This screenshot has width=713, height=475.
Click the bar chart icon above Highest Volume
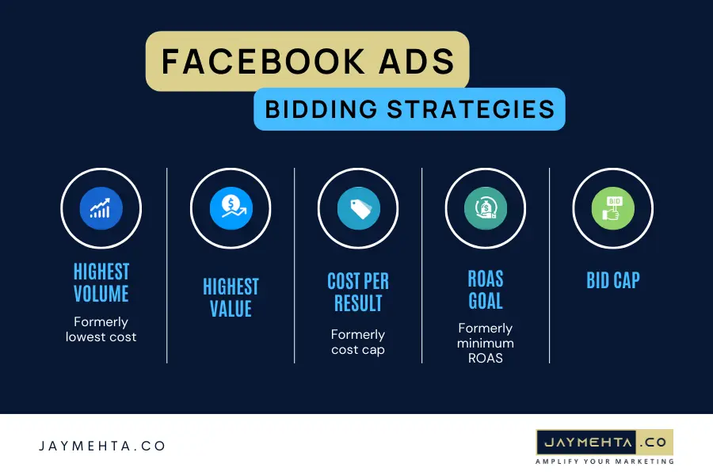[x=101, y=208]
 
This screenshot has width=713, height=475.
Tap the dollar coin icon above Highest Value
[x=231, y=208]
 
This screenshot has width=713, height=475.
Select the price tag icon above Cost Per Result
[x=358, y=208]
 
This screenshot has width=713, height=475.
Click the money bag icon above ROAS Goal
[x=486, y=208]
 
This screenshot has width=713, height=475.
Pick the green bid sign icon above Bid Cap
[x=612, y=208]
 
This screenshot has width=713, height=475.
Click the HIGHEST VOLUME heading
[x=101, y=283]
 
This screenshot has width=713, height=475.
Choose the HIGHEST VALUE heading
[x=231, y=296]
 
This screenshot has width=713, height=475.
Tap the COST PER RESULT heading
[x=358, y=291]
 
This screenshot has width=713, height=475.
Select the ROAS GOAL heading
[x=486, y=289]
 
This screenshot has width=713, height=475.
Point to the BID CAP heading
[x=612, y=280]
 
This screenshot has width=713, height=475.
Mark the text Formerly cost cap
[x=358, y=342]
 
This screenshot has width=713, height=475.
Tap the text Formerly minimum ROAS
[x=486, y=343]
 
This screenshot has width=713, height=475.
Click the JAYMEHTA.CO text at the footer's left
[x=102, y=446]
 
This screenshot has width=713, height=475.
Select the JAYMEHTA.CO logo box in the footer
[x=604, y=441]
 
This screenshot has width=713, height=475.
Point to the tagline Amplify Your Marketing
[x=604, y=461]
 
